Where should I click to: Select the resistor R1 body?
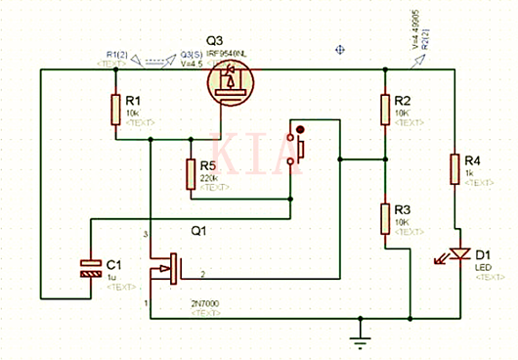116,108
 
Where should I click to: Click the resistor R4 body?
454,167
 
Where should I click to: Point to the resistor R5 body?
192,175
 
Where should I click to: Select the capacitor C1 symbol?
90,269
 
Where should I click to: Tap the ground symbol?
361,337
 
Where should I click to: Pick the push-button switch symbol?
299,148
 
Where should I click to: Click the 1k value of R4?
470,173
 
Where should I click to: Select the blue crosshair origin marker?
342,48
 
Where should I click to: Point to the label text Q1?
196,232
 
